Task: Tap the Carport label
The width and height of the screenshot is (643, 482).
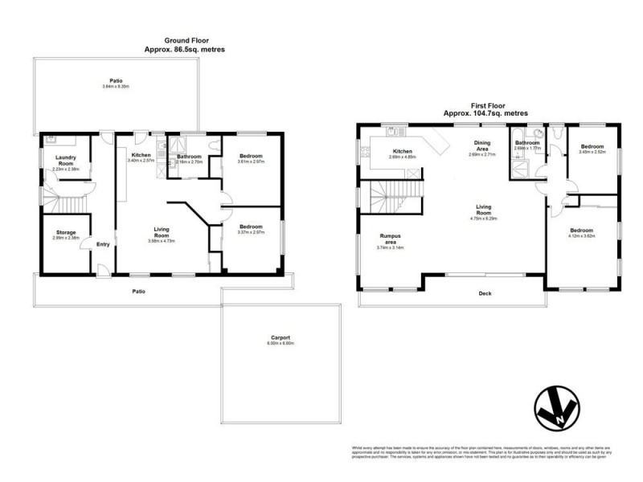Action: pyautogui.click(x=281, y=340)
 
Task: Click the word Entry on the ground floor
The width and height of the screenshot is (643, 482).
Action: pyautogui.click(x=103, y=244)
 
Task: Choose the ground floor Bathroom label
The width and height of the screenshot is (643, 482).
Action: pyautogui.click(x=190, y=158)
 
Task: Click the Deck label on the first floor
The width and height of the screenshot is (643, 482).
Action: pyautogui.click(x=484, y=293)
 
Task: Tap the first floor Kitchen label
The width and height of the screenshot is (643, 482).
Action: pyautogui.click(x=401, y=153)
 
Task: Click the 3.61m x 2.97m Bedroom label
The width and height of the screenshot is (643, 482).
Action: pyautogui.click(x=251, y=158)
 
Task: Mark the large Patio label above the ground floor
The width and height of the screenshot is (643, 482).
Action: pyautogui.click(x=116, y=82)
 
